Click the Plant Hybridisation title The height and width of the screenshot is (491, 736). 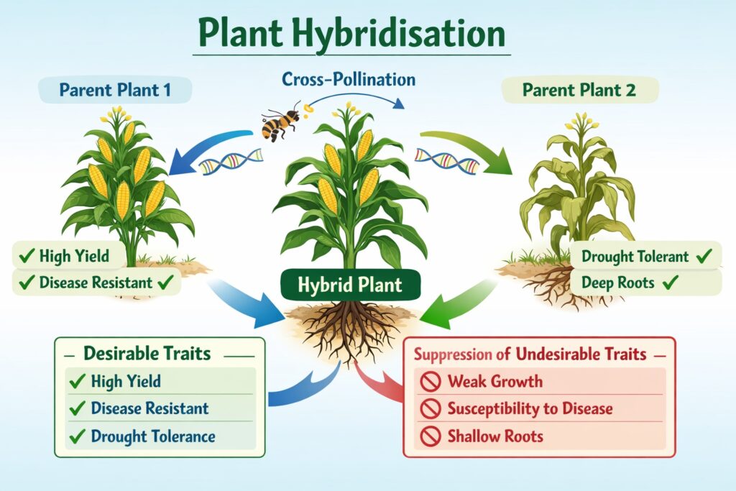click(x=351, y=35)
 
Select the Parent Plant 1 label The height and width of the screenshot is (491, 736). click(x=116, y=91)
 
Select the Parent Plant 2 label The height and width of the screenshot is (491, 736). click(x=579, y=91)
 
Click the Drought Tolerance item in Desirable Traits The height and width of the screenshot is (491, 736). click(x=153, y=436)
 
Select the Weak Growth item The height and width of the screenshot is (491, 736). click(x=495, y=381)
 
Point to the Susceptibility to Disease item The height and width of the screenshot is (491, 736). click(x=530, y=409)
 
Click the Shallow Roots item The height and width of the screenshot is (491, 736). click(x=495, y=436)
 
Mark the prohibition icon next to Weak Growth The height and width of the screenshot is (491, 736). click(x=430, y=382)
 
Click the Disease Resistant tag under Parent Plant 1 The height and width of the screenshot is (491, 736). click(x=97, y=283)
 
